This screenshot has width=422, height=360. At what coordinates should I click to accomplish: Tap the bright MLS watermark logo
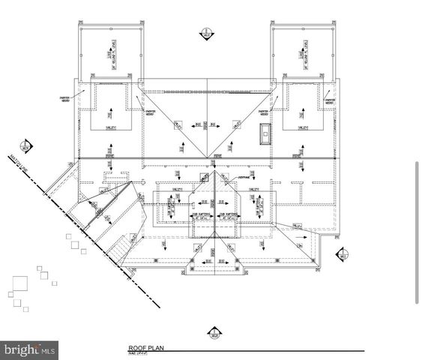[30, 349]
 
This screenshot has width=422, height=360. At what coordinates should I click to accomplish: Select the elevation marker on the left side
[27, 145]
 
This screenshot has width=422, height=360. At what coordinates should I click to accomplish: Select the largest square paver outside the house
[19, 284]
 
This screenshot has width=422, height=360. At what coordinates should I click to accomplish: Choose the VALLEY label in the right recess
[304, 127]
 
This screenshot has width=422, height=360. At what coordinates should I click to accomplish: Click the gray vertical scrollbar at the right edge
[417, 232]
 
